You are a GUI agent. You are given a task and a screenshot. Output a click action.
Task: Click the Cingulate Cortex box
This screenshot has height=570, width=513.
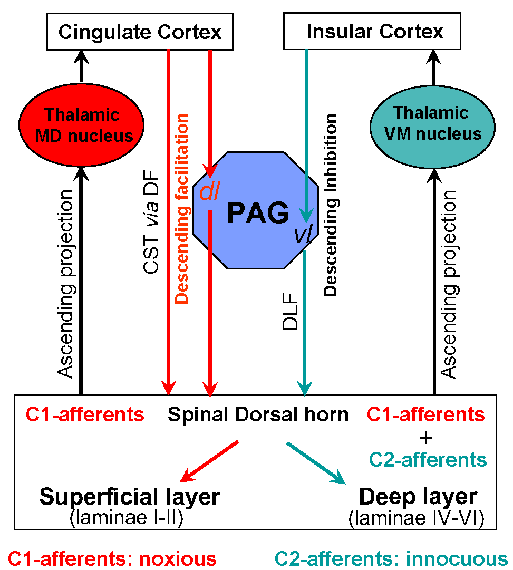click(139, 32)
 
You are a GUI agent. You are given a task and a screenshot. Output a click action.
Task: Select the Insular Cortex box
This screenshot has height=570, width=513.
click(374, 32)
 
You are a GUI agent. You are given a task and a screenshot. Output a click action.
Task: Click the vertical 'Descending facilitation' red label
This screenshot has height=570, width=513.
click(181, 209)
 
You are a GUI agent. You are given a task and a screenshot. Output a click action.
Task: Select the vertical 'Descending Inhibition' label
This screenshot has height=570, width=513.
click(331, 206)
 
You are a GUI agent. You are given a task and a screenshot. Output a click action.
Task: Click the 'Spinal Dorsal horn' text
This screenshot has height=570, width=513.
click(258, 414)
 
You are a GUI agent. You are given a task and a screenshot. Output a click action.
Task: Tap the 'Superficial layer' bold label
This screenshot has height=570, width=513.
click(130, 497)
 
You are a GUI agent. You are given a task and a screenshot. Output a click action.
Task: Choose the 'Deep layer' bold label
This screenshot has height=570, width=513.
click(418, 497)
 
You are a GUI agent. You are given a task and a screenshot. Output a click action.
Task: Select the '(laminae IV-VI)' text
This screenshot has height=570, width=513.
click(416, 518)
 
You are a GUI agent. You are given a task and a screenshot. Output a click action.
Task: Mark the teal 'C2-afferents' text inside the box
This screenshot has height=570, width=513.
click(427, 459)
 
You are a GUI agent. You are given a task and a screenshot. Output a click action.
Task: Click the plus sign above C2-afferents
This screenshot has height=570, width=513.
click(427, 437)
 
